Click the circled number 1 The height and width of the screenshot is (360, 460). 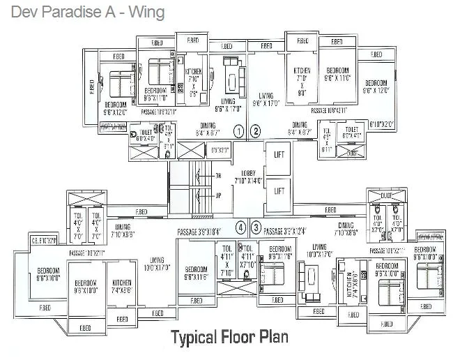pos(238,130)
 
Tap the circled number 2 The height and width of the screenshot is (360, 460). pos(256,130)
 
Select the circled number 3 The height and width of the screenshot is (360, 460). pos(256,227)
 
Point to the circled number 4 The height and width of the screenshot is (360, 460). pos(240,227)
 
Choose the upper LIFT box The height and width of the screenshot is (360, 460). pos(279,154)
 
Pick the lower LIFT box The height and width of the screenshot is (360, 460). pos(279,189)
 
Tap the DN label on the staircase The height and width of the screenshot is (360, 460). pos(217,175)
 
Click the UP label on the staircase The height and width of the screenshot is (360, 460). pos(217,196)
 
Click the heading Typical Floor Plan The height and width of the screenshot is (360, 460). pos(230,338)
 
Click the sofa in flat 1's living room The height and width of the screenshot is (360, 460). pos(233,72)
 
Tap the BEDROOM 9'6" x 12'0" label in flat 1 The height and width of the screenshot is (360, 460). pos(116,107)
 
